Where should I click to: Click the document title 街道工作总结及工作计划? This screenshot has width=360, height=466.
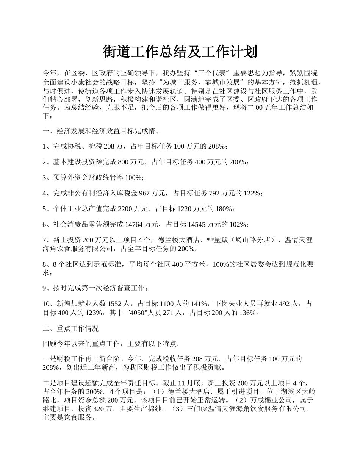tap(180, 52)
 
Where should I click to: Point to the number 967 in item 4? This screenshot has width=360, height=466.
tap(145, 193)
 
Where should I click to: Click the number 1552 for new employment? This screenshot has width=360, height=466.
tap(116, 303)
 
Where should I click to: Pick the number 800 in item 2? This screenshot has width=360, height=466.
tap(124, 162)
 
